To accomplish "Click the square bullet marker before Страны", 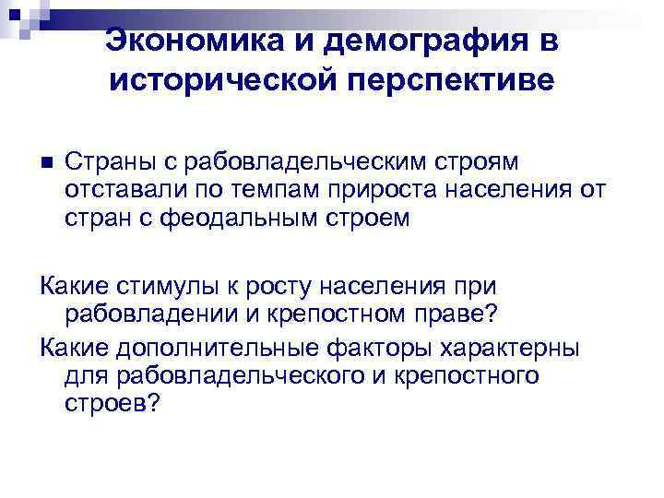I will coord(49,162).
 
